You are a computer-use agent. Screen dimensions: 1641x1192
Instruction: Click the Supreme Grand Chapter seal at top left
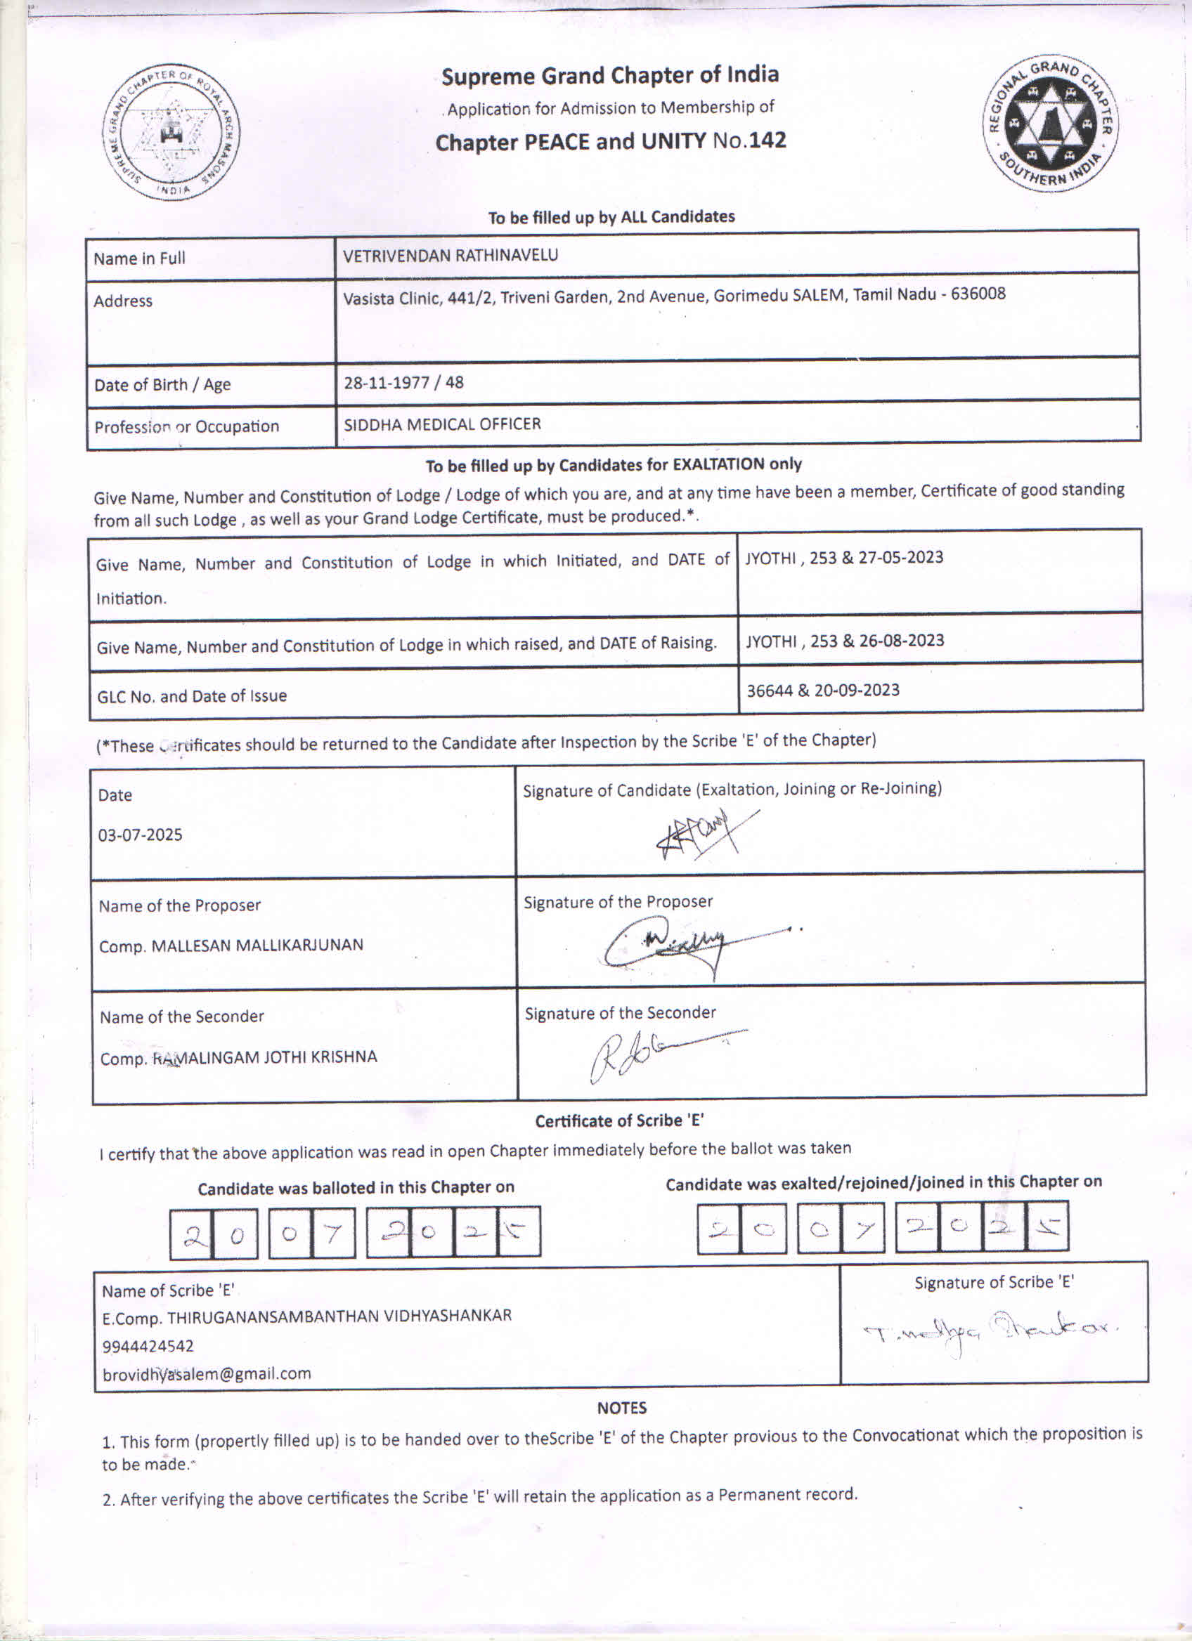click(x=171, y=132)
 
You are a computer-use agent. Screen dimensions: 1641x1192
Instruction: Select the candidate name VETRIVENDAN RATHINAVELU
click(x=451, y=256)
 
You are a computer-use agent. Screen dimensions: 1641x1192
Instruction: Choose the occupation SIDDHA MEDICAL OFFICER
click(x=442, y=424)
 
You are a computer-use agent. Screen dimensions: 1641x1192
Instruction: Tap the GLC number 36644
click(x=770, y=691)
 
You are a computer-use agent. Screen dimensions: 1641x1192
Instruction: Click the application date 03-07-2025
click(x=141, y=835)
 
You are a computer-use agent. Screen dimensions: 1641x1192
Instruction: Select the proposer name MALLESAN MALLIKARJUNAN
click(x=257, y=946)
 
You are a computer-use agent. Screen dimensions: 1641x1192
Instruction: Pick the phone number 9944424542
click(x=148, y=1346)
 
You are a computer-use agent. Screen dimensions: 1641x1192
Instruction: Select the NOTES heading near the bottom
click(x=622, y=1407)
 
